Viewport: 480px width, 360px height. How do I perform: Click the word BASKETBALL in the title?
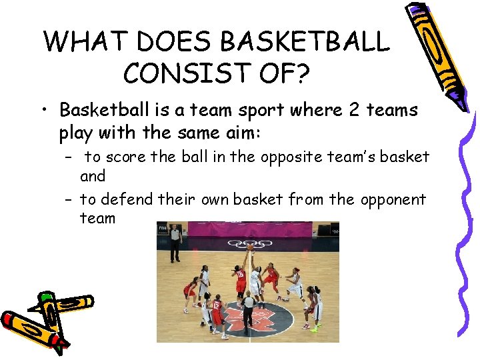[304, 42]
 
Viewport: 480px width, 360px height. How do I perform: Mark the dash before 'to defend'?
[69, 200]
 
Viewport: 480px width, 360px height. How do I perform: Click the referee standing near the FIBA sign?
[175, 242]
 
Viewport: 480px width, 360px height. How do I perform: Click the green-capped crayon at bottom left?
[47, 307]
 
